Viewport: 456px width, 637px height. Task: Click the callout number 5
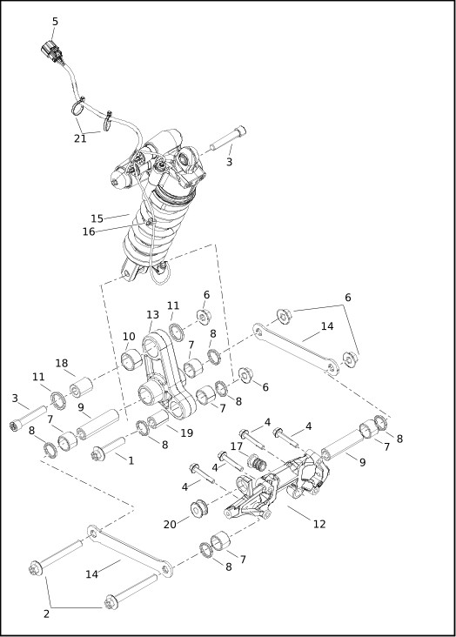click(56, 22)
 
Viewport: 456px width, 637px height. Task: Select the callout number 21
click(80, 138)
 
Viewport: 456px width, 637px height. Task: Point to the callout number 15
click(97, 218)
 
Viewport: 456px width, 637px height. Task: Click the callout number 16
click(89, 231)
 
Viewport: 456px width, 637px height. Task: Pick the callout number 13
click(152, 315)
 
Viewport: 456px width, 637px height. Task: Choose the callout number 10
click(129, 337)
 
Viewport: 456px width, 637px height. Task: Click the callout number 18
click(62, 363)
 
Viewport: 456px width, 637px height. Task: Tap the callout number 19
click(186, 433)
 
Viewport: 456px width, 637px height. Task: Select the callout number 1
click(131, 460)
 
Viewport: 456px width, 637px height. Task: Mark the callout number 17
click(237, 446)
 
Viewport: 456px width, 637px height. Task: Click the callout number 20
click(170, 525)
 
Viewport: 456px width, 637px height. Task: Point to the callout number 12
click(319, 524)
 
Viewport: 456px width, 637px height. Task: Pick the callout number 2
click(46, 614)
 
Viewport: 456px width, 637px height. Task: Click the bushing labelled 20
click(199, 508)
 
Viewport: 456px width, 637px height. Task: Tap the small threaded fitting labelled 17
click(256, 462)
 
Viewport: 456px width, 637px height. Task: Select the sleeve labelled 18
click(81, 387)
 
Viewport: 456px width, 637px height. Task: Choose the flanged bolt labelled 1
click(108, 448)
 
